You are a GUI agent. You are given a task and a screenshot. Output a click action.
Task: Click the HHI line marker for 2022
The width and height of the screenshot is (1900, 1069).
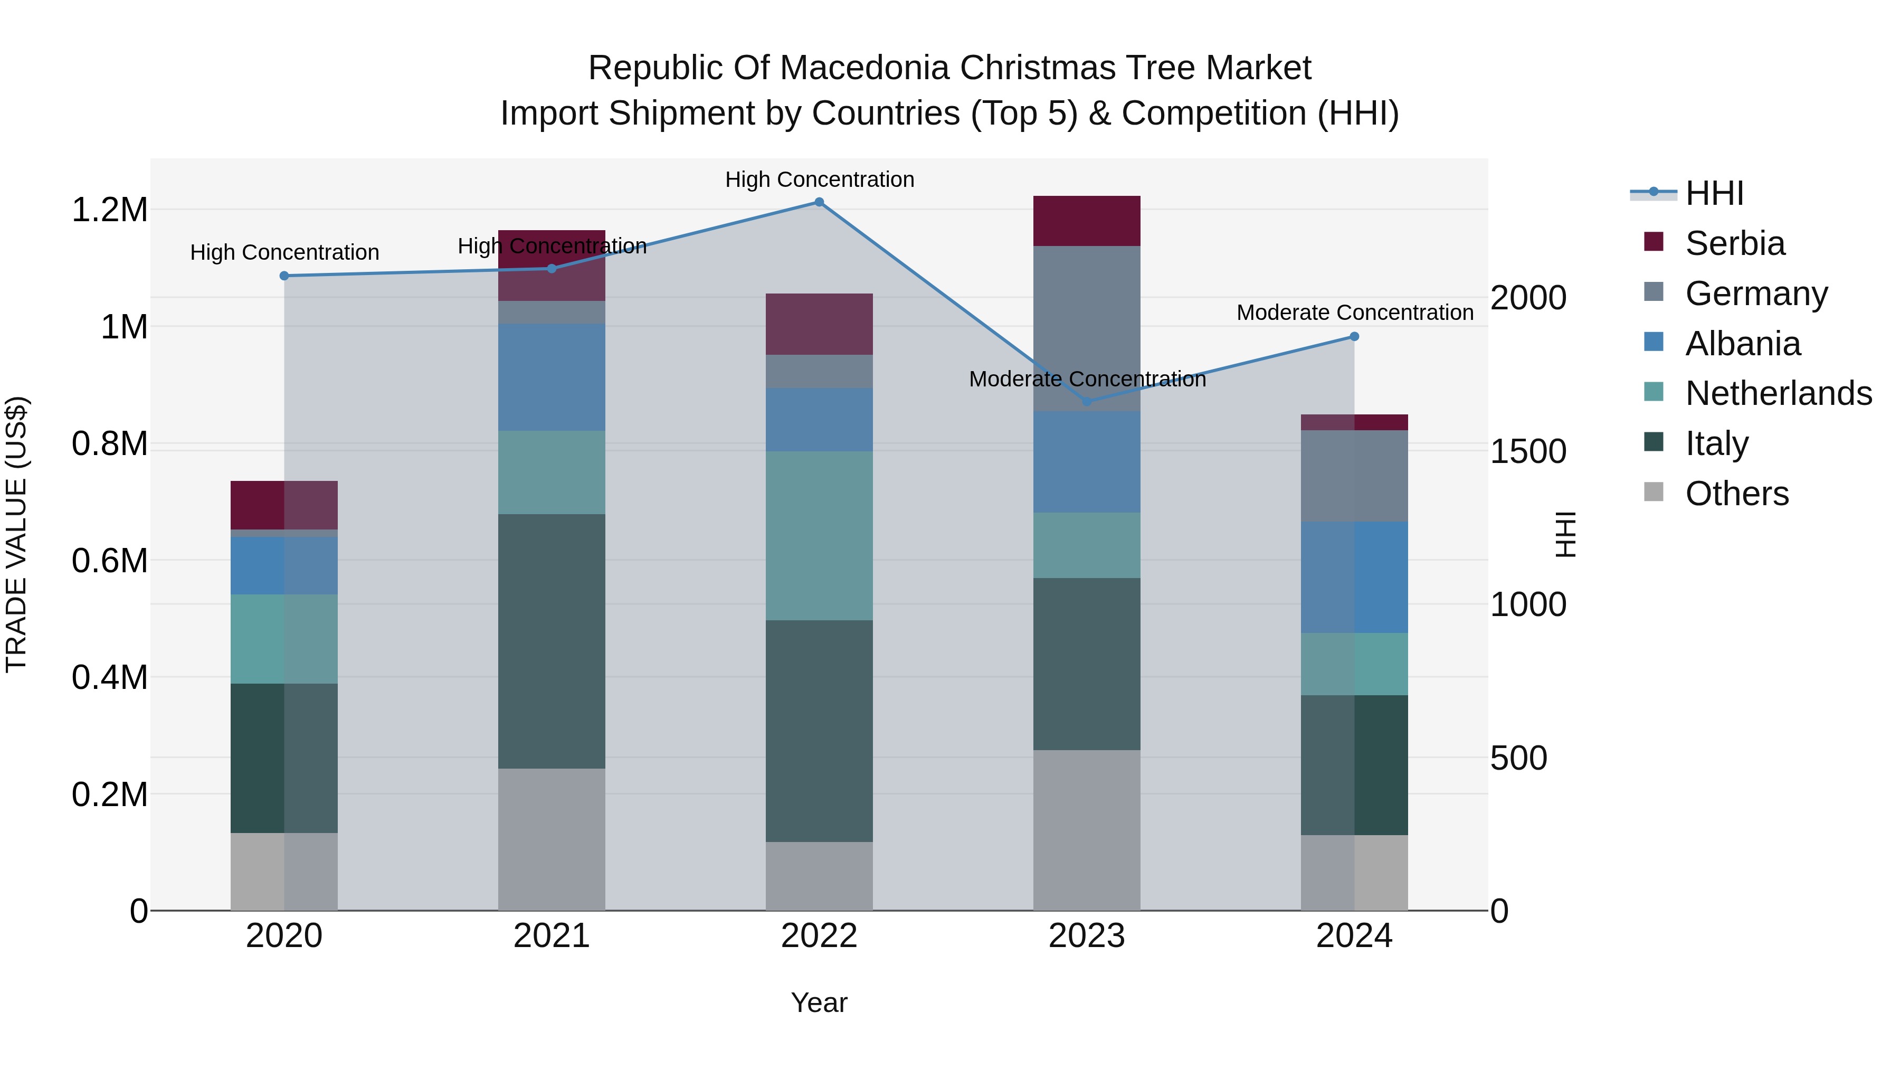click(x=819, y=202)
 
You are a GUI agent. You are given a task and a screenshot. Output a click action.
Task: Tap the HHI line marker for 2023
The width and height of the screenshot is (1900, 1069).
click(x=1087, y=401)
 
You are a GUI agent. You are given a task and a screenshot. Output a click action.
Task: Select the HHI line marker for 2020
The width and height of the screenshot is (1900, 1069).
click(x=284, y=276)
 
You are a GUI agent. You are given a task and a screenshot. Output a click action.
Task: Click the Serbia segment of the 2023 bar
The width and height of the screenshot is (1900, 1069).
click(x=1087, y=221)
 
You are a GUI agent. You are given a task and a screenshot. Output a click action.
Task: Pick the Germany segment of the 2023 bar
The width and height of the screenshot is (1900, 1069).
click(x=1087, y=328)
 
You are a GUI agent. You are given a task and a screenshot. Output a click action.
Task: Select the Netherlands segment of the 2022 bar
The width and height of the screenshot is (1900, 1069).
click(x=819, y=536)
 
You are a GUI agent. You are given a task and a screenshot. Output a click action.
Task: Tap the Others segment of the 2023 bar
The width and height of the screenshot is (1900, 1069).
click(x=1087, y=830)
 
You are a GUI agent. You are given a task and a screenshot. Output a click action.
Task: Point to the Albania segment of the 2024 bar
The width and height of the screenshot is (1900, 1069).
click(x=1354, y=577)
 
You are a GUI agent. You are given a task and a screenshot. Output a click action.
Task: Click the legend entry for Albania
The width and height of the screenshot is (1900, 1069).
click(x=1743, y=344)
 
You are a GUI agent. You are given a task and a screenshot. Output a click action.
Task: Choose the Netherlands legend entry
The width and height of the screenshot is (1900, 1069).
click(x=1778, y=393)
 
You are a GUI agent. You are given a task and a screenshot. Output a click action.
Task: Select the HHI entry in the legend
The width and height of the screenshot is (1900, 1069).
click(x=1714, y=193)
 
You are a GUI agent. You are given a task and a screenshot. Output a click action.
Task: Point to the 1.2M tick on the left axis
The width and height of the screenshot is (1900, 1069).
click(x=109, y=210)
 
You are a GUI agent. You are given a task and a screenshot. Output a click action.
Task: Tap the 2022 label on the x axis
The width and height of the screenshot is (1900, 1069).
click(x=819, y=936)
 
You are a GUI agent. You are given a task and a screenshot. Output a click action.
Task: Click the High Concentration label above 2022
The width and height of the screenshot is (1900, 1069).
click(x=819, y=179)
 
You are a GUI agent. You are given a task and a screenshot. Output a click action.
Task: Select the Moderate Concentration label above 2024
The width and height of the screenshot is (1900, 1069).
click(x=1354, y=313)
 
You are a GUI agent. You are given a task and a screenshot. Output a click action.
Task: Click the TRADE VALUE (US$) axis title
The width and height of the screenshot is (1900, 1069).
click(x=16, y=534)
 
